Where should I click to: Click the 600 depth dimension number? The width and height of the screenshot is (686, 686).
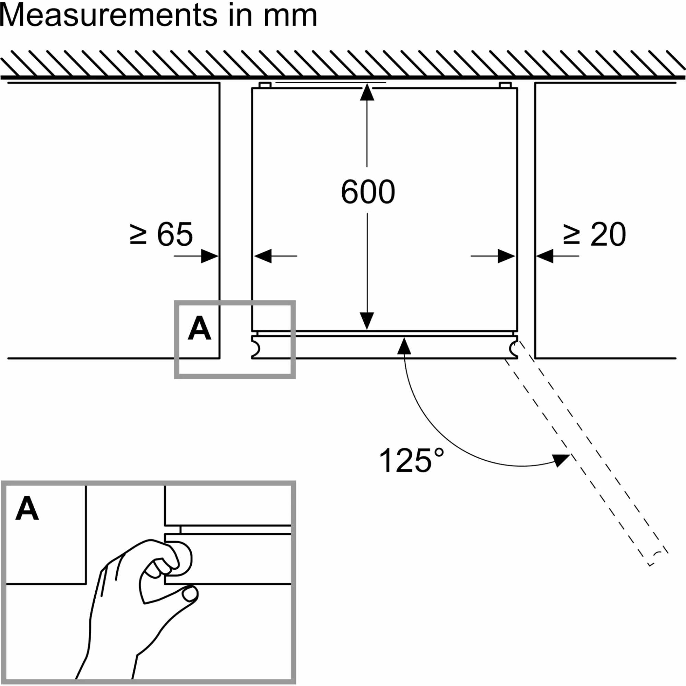coord(368,192)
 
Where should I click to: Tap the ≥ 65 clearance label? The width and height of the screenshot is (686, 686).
coord(162,234)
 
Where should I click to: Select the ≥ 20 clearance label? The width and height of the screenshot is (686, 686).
coord(594,234)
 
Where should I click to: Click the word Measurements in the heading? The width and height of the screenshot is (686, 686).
coord(109,16)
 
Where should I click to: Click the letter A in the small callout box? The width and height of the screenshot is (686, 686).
coord(199,329)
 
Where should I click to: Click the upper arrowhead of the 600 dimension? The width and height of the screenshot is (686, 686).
coord(367,93)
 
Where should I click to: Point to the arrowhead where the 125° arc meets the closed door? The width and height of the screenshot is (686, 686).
coord(404,346)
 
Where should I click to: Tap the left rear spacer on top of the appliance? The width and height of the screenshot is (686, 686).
coord(265,85)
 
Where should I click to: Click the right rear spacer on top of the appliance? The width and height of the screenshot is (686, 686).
coord(505,85)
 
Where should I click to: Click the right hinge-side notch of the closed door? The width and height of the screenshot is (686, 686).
coord(513,347)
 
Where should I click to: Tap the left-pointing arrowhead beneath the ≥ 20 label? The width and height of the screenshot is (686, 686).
coord(545,256)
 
